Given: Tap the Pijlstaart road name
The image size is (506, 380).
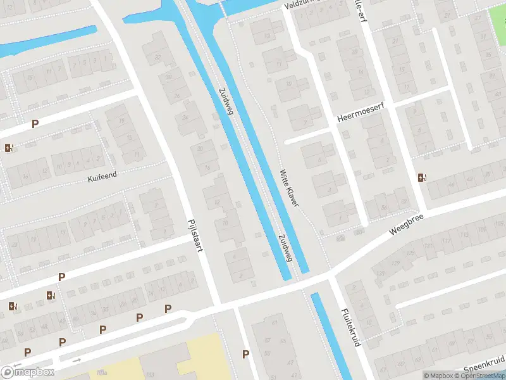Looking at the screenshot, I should (x=194, y=236).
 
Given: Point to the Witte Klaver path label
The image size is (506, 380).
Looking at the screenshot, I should (x=289, y=187).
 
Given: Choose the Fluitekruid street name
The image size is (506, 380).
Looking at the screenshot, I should (x=350, y=327).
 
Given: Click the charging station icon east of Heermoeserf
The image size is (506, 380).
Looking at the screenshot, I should (x=421, y=177).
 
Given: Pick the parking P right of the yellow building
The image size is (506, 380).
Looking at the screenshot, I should (x=245, y=354).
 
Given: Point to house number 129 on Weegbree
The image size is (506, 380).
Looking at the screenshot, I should (x=397, y=262).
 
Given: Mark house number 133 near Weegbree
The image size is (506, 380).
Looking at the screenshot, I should (x=381, y=273).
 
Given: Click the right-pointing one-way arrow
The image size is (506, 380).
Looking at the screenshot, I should (x=77, y=360).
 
